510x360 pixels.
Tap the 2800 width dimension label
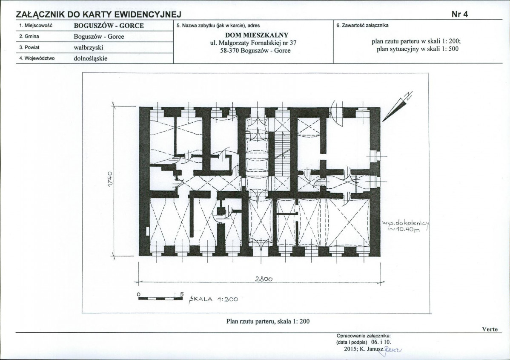(264, 279)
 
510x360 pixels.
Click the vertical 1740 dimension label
(110, 179)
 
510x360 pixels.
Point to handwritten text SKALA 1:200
(214, 299)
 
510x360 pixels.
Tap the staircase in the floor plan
(282, 153)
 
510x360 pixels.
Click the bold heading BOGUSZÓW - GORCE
(109, 26)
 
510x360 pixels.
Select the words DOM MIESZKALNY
(257, 35)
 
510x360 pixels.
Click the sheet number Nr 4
(460, 14)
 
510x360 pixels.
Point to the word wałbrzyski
(89, 48)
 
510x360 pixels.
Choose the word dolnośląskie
(90, 59)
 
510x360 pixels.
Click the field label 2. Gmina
(29, 37)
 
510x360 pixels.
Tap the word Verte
(490, 329)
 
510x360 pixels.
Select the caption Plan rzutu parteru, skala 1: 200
(268, 321)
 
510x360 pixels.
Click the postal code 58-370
(229, 51)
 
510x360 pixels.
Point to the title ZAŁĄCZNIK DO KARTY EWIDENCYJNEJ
(99, 14)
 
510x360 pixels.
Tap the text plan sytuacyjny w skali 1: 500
(418, 49)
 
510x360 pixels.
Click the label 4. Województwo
(37, 59)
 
